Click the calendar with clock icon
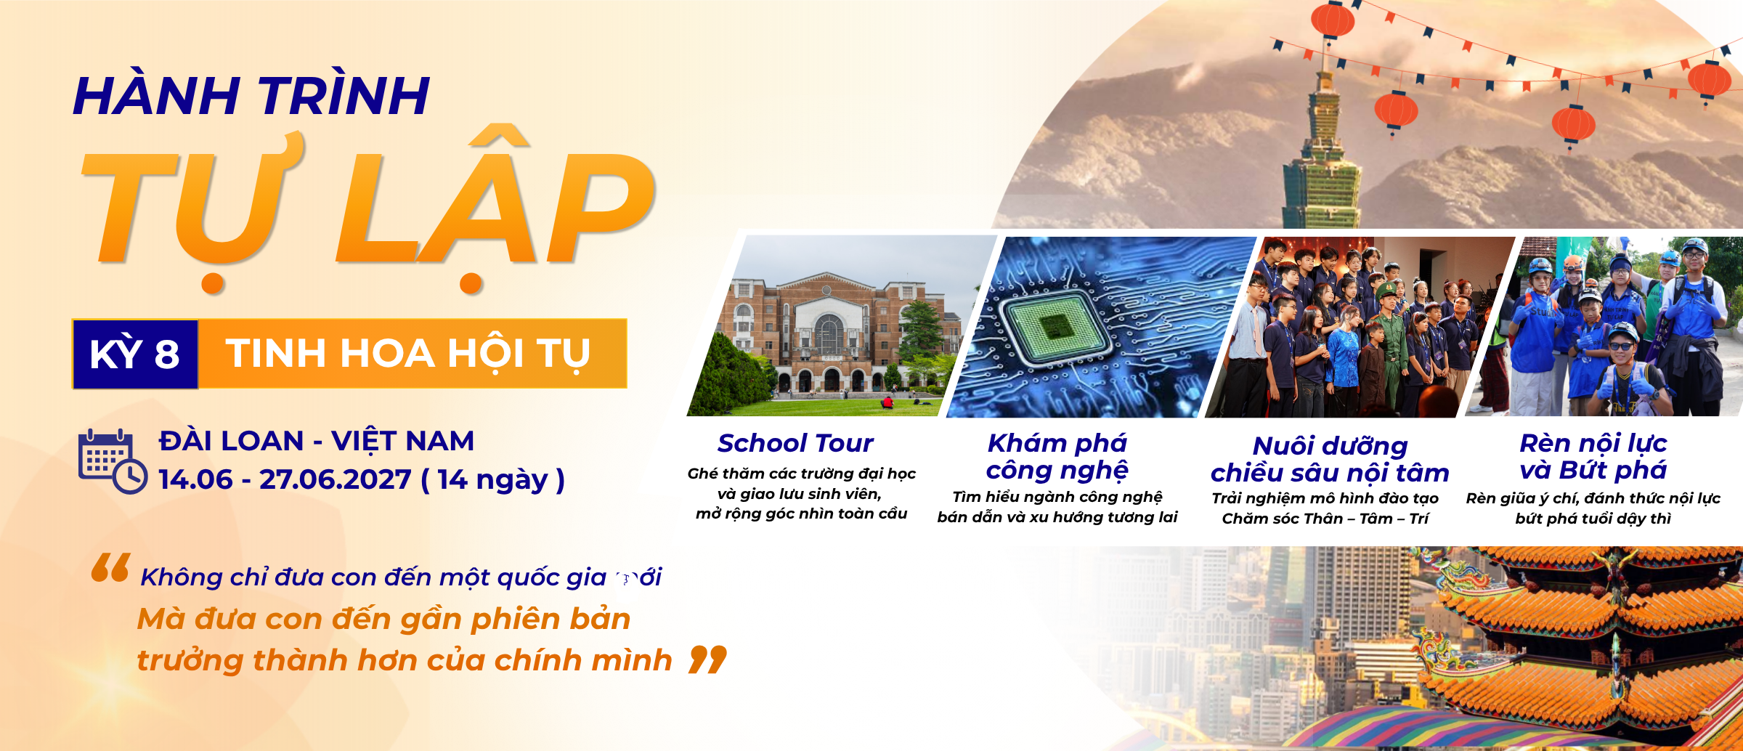point(113,461)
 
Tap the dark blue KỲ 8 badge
point(135,354)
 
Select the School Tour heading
point(795,443)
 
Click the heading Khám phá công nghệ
point(1057,457)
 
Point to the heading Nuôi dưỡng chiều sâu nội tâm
point(1330,459)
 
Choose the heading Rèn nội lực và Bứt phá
point(1593,457)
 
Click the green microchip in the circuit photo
point(1055,327)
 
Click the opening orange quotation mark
point(110,568)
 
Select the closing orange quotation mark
point(707,659)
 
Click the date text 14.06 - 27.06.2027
point(285,479)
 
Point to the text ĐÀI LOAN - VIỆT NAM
point(317,441)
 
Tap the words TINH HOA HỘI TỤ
point(407,354)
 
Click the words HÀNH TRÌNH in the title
point(251,96)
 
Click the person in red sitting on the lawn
point(887,401)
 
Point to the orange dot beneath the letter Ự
point(212,283)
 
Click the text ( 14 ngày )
point(493,479)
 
